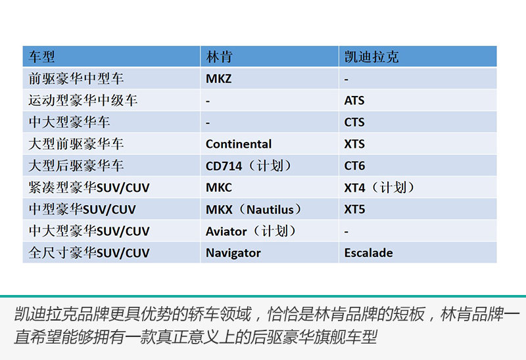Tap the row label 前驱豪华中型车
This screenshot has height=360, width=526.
coord(76,79)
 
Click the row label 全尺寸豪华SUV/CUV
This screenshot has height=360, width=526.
coord(89,253)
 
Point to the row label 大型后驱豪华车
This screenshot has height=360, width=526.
coord(76,166)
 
